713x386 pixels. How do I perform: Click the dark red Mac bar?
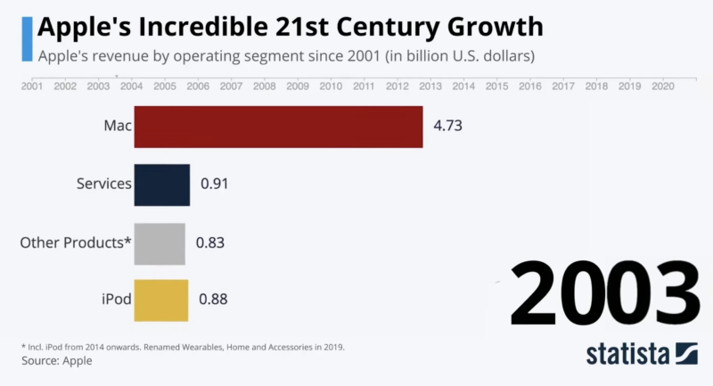pyautogui.click(x=278, y=127)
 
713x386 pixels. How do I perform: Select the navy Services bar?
pyautogui.click(x=161, y=185)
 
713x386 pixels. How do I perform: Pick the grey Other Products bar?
pyautogui.click(x=160, y=243)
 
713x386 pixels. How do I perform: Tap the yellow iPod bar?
pyautogui.click(x=160, y=300)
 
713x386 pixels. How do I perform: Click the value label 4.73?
pyautogui.click(x=447, y=127)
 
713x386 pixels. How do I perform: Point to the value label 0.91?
pyautogui.click(x=215, y=185)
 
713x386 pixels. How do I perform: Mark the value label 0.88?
pyautogui.click(x=213, y=300)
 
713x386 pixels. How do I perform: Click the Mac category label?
pyautogui.click(x=117, y=127)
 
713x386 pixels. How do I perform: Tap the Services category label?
pyautogui.click(x=103, y=185)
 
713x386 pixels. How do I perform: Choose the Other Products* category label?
pyautogui.click(x=76, y=243)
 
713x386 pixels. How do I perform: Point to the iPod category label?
pyautogui.click(x=115, y=300)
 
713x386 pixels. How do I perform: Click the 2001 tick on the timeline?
pyautogui.click(x=31, y=86)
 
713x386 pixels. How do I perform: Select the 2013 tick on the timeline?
pyautogui.click(x=430, y=86)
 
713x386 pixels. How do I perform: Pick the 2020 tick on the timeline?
pyautogui.click(x=662, y=86)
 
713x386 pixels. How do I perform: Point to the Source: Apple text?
pyautogui.click(x=56, y=361)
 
